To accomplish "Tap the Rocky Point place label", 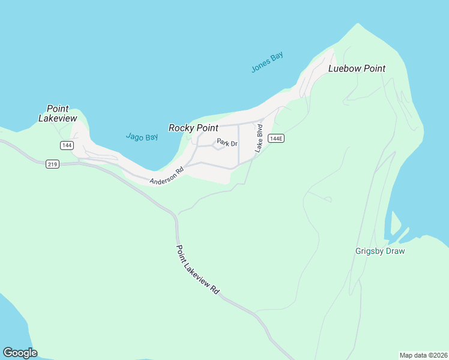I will pos(193,128).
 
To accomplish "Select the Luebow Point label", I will pos(357,68).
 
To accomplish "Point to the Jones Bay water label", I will pos(267,62).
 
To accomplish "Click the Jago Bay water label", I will pos(142,137).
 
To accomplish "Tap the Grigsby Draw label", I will pos(380,251).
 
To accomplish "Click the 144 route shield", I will pos(67,145).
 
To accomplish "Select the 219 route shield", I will pos(52,164).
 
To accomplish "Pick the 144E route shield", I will pos(276,139).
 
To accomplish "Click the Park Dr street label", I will pos(228,143).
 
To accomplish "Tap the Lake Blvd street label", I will pos(259,138).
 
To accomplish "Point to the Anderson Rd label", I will pos(166,176).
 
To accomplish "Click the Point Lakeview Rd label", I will pos(197,268).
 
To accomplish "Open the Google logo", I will pos(20,353).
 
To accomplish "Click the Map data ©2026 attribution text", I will pos(423,355).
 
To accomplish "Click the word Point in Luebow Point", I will pos(373,68).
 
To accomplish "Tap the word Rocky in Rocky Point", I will pos(181,128).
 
